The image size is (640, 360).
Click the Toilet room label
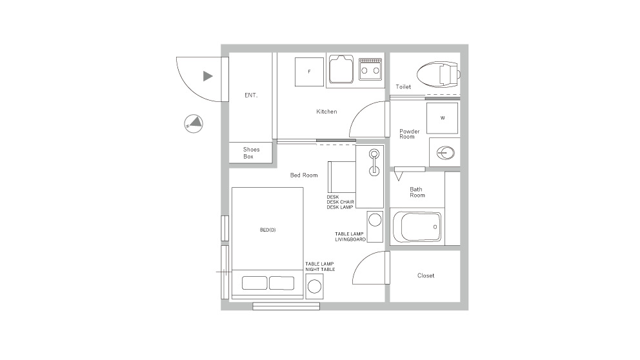[403, 86]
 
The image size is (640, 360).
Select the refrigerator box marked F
[310, 72]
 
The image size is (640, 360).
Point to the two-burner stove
[370, 68]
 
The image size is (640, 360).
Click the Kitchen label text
[326, 112]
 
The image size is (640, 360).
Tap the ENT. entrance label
[251, 95]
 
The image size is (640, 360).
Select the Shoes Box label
[251, 153]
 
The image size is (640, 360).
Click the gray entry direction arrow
[208, 76]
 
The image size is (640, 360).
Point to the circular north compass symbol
[194, 123]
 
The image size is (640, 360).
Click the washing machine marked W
[442, 118]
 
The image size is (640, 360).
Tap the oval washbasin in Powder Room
[445, 153]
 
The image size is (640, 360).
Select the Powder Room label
[409, 134]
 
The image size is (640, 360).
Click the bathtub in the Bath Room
[418, 227]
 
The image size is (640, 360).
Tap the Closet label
[426, 275]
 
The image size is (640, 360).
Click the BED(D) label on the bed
[268, 230]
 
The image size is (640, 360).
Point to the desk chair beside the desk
[341, 177]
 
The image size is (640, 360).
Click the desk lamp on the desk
[374, 162]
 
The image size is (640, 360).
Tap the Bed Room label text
[304, 175]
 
